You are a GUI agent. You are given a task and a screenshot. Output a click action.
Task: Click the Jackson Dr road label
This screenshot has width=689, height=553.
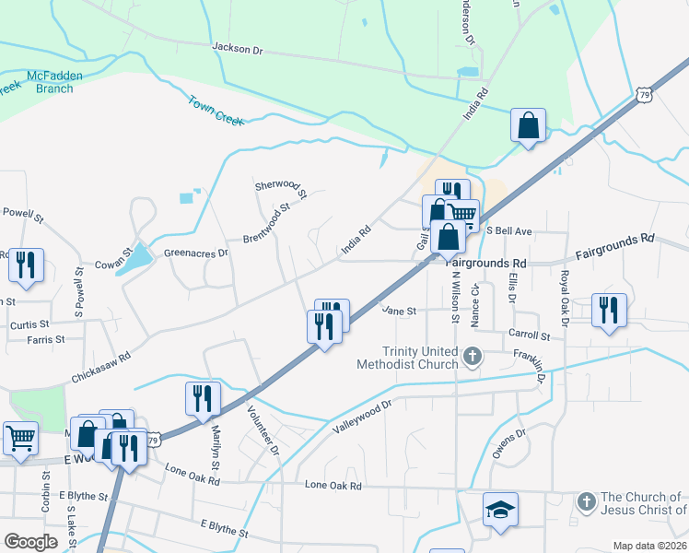pos(238,46)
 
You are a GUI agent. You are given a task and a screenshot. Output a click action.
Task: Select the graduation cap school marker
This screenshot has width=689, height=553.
pos(500,510)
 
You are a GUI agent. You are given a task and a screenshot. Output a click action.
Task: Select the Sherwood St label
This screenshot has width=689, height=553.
pos(280,189)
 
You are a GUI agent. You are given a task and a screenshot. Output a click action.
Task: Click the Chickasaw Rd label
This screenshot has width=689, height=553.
pos(99,366)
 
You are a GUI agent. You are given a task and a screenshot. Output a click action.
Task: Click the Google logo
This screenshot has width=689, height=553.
pos(30,541)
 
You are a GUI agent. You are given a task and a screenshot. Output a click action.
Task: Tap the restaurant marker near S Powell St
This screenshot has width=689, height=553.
pos(25,265)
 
